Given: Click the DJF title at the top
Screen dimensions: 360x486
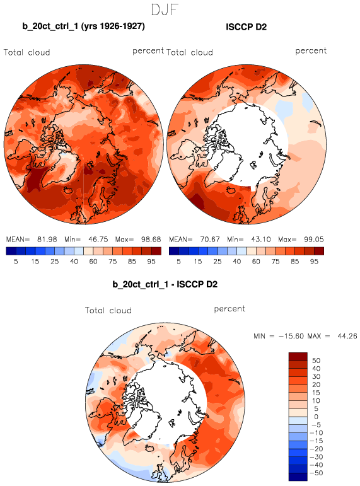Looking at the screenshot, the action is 165,9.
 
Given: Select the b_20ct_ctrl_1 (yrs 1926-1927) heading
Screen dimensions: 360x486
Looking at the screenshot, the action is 83,26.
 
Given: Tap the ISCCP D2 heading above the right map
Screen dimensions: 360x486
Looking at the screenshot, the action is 247,27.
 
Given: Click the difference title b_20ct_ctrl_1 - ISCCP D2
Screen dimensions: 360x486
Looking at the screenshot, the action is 165,284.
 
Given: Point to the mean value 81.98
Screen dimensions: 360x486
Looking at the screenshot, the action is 47,240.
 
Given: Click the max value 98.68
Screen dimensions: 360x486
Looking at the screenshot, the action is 151,240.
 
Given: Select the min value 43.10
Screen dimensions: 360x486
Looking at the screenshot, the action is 260,240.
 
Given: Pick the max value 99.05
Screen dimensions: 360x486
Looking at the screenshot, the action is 314,240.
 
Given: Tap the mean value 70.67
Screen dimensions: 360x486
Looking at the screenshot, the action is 210,240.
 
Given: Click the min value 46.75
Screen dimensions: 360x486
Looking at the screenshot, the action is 98,240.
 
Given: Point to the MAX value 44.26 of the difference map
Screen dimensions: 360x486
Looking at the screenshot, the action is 347,336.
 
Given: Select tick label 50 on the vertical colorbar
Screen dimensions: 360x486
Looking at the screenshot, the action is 316,361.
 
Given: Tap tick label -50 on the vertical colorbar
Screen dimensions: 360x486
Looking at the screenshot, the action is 316,473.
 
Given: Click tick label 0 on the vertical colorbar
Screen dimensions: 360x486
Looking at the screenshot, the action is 316,417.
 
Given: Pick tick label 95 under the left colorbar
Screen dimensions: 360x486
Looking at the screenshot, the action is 151,262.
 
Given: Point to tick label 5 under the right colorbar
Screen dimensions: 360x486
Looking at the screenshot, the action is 178,262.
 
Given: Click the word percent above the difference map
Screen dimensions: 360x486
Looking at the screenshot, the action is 229,309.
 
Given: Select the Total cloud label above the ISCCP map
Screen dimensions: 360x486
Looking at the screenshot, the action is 190,52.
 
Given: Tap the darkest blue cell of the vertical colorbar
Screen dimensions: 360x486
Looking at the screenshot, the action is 298,477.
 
